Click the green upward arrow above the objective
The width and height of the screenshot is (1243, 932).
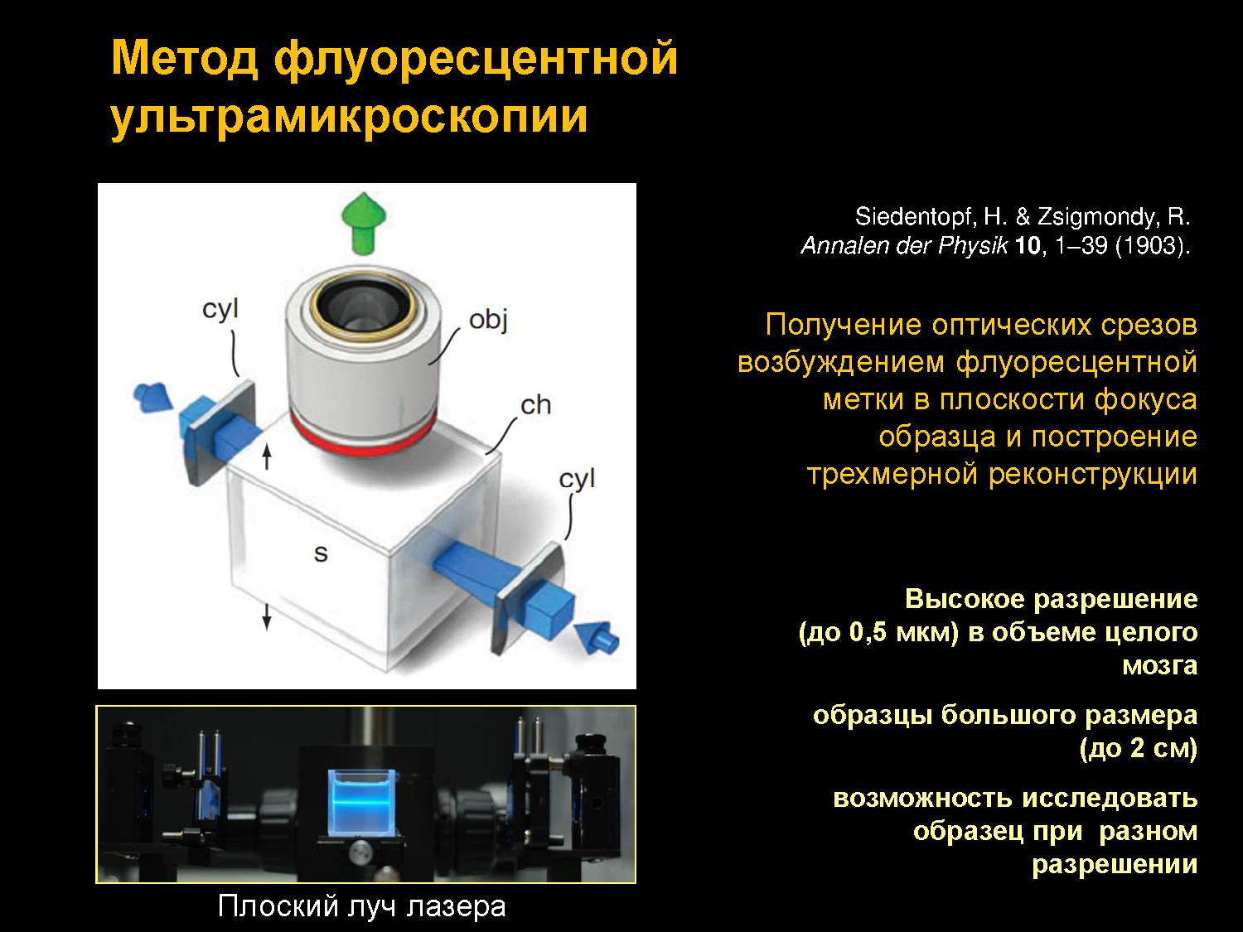click(364, 223)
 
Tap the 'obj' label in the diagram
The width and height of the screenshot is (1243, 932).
click(489, 321)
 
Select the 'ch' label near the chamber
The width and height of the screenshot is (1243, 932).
click(535, 405)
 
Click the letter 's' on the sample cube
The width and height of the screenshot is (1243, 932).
click(321, 553)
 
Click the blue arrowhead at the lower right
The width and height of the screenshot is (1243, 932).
click(597, 638)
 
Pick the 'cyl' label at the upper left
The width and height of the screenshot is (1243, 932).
click(220, 310)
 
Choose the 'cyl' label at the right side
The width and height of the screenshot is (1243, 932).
click(577, 480)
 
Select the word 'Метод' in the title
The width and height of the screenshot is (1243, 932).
click(185, 58)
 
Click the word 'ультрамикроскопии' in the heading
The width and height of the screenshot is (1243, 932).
click(350, 118)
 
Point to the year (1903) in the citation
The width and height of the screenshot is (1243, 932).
click(1153, 246)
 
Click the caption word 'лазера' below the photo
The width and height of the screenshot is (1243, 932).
click(457, 906)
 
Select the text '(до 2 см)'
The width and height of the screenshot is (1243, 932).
click(1139, 748)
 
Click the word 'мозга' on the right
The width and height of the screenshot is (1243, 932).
click(1160, 665)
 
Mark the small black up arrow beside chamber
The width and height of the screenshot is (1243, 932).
click(268, 457)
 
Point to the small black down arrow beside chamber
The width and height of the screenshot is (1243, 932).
click(267, 618)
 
